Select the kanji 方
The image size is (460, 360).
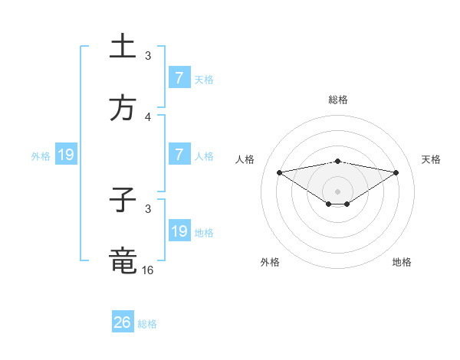point(123,108)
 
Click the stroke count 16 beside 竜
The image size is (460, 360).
point(148,270)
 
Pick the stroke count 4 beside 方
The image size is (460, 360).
point(148,117)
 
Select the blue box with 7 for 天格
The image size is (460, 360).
point(179,78)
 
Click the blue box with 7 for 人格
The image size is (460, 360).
point(179,155)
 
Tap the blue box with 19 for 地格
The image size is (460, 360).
point(179,231)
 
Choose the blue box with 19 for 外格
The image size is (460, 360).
point(65,155)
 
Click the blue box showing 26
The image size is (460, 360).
point(123,322)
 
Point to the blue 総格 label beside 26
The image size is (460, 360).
point(147,324)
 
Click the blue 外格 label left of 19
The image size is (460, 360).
point(41,156)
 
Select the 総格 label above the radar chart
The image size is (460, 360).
point(338,100)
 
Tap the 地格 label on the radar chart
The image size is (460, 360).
point(402,263)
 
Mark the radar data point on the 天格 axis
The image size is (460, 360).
point(396,172)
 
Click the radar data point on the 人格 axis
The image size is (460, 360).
point(279,172)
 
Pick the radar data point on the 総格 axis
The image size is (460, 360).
point(338,161)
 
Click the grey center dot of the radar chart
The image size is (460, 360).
point(338,191)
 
